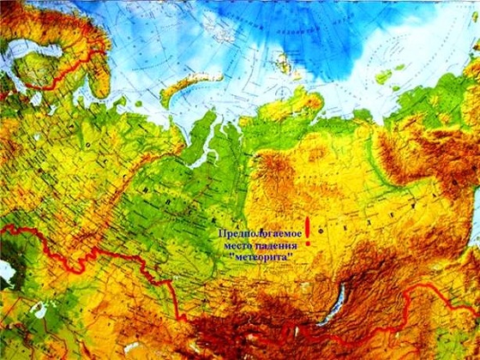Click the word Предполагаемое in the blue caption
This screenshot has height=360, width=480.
click(x=256, y=233)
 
